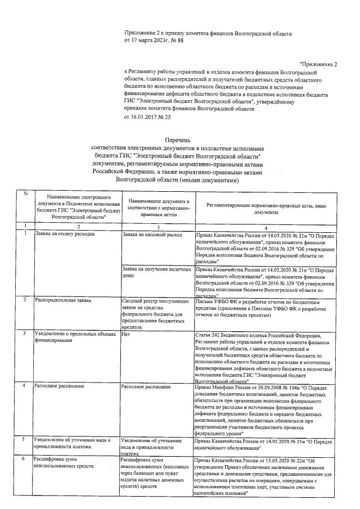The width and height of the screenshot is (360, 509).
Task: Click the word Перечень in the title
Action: tap(178, 139)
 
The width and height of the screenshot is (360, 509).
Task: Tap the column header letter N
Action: tap(25, 194)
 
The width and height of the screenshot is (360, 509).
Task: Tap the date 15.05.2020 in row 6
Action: tap(270, 459)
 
